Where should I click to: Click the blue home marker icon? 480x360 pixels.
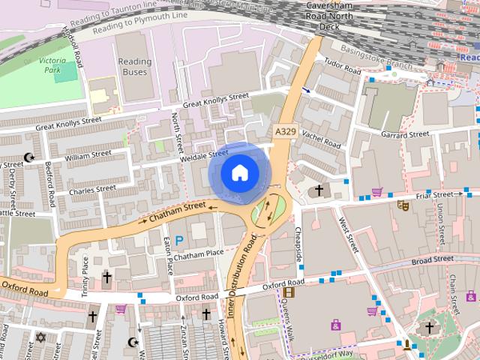click(238, 172)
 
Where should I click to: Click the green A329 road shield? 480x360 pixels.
click(285, 131)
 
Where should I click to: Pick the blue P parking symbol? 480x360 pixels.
click(179, 240)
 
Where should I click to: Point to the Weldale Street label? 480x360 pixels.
click(203, 156)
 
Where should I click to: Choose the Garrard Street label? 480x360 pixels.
click(404, 135)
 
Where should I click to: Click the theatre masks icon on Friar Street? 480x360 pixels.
click(402, 203)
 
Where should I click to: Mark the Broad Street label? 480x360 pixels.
click(433, 261)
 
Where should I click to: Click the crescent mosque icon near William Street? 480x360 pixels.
click(29, 157)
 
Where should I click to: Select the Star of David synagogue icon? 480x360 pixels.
click(40, 337)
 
